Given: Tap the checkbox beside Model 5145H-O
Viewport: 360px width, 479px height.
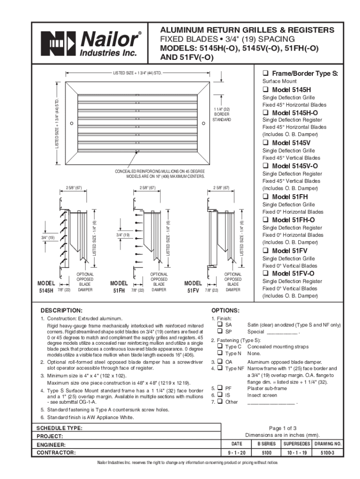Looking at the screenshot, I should point(265,113).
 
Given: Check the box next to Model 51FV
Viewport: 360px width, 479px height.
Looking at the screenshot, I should point(265,251).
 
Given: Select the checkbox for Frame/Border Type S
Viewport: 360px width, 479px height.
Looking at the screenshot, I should point(265,74).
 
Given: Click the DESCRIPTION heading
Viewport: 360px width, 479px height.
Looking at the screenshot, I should point(61,310).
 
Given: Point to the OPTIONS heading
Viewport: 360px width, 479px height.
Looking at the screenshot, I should point(225,310).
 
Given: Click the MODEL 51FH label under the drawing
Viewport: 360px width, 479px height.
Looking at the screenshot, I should point(119,287).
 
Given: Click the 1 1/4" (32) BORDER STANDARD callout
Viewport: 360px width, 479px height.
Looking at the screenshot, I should point(222,115).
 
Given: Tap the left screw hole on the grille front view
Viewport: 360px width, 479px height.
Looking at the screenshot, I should point(72,123).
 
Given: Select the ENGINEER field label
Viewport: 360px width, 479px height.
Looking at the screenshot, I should point(51,445).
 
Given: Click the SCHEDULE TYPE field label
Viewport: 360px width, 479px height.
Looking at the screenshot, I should point(59,428).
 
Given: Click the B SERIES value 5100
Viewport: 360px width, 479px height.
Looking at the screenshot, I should point(266,453).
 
